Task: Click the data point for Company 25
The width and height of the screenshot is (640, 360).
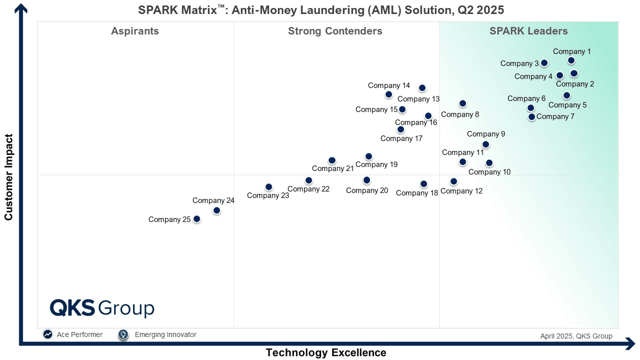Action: (x=197, y=219)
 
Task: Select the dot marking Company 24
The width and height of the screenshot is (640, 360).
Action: (x=216, y=210)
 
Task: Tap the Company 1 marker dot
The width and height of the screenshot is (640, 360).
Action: (x=571, y=60)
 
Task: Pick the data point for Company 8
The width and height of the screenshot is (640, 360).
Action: (x=462, y=103)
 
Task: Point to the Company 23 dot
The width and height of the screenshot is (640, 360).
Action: (x=268, y=187)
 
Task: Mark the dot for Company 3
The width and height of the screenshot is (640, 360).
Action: (x=544, y=63)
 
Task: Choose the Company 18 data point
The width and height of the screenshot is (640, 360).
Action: (x=423, y=184)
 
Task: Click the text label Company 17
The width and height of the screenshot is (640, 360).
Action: (x=401, y=138)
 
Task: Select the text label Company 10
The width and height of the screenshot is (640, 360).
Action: (x=489, y=172)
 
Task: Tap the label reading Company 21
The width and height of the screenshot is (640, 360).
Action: (x=333, y=168)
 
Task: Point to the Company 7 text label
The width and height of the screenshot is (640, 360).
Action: (x=555, y=116)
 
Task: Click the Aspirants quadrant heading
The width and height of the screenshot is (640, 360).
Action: (x=135, y=31)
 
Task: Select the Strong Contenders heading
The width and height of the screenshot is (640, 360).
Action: (x=335, y=31)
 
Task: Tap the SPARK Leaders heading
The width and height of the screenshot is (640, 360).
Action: (x=528, y=31)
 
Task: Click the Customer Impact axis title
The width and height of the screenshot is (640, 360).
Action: (x=8, y=177)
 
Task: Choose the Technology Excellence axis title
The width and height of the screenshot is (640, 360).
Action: (x=326, y=352)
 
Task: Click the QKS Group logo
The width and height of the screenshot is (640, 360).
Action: (x=102, y=308)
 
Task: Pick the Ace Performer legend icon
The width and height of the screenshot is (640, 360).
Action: (x=47, y=334)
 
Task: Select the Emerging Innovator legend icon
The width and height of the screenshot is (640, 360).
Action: (x=123, y=334)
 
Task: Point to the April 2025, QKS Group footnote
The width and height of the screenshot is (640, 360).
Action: (x=576, y=336)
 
